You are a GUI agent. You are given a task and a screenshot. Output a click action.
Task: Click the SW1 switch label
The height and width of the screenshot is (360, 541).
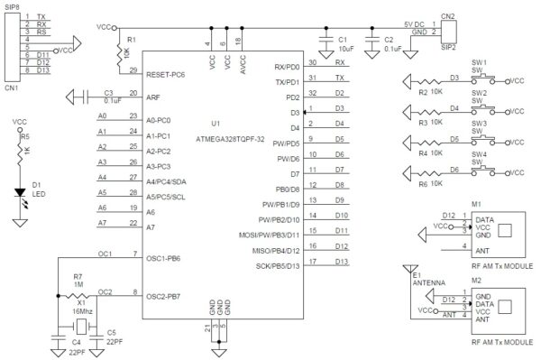(480, 62)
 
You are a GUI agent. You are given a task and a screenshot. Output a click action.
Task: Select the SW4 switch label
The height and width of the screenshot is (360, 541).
(480, 154)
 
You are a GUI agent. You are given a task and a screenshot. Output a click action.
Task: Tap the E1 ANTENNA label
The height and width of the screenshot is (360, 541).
(427, 275)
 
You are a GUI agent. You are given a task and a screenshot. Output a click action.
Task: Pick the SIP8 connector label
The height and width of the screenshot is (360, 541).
(12, 6)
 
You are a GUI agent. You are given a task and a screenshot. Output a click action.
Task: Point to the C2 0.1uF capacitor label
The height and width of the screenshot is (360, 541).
(390, 45)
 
